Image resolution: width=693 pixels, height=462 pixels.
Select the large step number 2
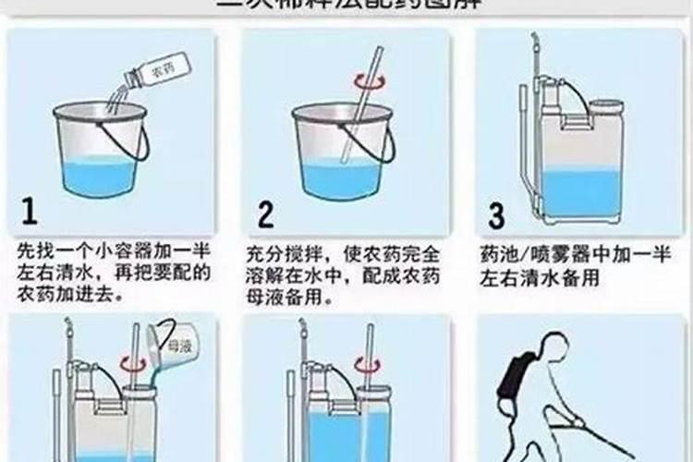coord(266,214)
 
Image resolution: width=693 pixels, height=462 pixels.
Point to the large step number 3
coord(497,215)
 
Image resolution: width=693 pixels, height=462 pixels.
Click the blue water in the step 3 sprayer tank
coord(579,190)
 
